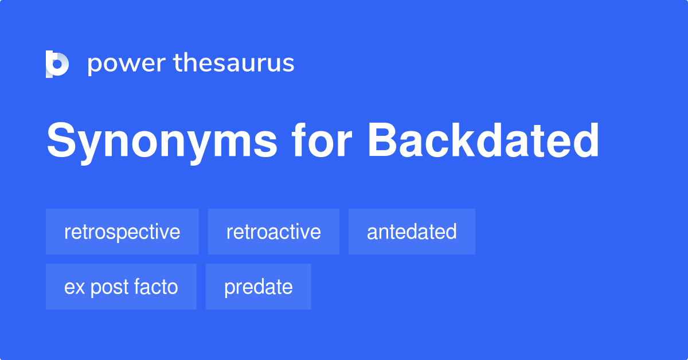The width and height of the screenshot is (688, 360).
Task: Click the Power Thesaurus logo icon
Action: click(x=57, y=64)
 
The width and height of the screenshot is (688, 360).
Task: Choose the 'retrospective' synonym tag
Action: click(x=122, y=232)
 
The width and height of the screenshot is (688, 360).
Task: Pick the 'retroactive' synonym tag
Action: click(x=273, y=232)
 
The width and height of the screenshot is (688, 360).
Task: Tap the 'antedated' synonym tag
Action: click(x=412, y=232)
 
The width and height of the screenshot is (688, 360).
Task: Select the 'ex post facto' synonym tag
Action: click(x=121, y=287)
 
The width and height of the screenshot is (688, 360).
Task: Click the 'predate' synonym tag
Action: click(x=258, y=287)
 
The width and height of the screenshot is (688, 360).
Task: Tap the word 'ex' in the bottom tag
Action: click(x=72, y=287)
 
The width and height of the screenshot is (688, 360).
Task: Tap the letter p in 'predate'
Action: click(x=229, y=288)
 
